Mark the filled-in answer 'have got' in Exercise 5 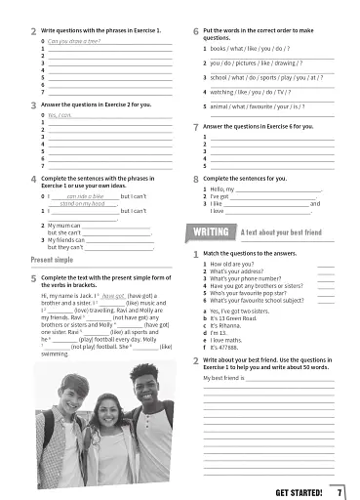(x=114, y=294)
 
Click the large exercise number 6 (x=197, y=33)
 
